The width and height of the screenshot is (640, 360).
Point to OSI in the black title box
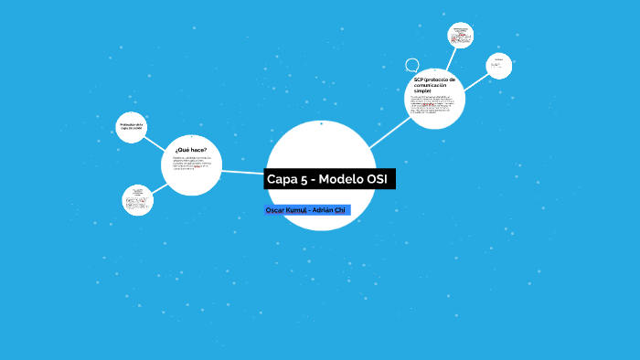377,179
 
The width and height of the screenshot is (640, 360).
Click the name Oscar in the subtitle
274,210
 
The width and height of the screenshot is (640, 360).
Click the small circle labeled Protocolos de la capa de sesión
132,127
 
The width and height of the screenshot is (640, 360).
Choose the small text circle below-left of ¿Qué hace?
138,200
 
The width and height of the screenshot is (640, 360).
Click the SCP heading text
434,85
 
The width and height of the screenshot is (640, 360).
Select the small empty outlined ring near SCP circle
412,65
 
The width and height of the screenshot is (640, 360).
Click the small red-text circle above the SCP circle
461,36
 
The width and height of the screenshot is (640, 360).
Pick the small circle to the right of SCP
498,65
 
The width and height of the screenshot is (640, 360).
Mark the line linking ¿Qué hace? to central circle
243,171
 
